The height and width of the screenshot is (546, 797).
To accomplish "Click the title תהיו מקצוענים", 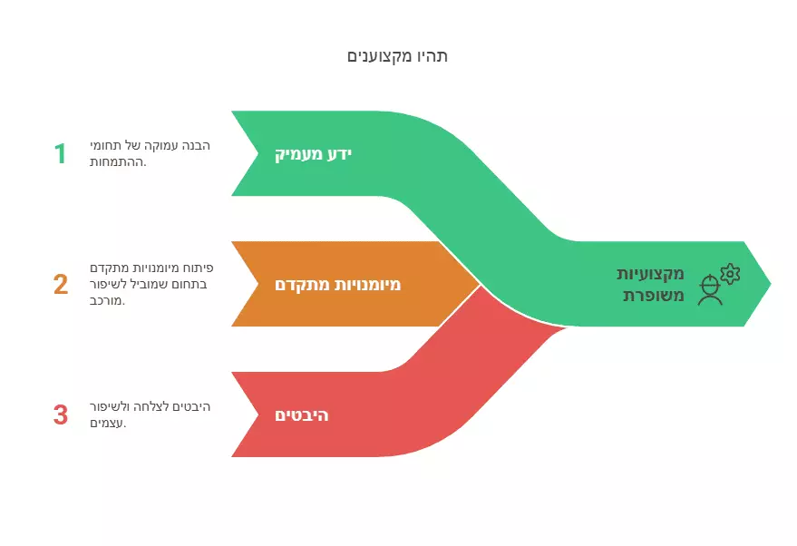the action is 397,56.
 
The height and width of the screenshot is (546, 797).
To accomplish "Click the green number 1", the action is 61,153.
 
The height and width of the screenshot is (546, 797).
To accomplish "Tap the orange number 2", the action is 61,284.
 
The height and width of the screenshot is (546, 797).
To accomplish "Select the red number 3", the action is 61,414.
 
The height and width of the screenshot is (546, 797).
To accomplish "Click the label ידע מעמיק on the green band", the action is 313,154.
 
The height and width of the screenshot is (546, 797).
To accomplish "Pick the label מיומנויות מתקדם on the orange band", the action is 337,284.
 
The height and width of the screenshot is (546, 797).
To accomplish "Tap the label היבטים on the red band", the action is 301,415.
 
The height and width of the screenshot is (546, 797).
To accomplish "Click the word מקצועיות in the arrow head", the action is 650,274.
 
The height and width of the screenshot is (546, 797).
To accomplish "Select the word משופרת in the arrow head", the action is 654,296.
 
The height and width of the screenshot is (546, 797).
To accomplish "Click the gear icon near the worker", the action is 730,274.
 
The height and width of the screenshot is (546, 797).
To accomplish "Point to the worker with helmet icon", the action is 710,289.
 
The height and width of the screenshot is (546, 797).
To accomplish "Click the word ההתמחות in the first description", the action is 118,162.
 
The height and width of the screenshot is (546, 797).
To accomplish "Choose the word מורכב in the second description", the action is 107,300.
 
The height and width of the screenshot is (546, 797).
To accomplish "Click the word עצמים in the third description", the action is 108,423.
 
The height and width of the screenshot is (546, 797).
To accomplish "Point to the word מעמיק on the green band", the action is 299,154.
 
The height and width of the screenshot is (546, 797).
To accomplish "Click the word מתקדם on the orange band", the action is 300,284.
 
